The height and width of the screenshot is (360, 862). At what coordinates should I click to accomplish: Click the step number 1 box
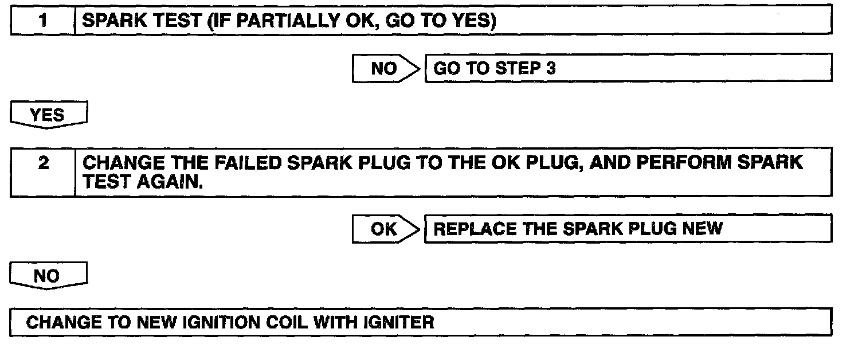pyautogui.click(x=43, y=21)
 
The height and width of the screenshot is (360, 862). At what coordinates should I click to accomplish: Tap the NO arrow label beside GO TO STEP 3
pyautogui.click(x=384, y=69)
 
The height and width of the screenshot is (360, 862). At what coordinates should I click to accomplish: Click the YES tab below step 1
pyautogui.click(x=48, y=115)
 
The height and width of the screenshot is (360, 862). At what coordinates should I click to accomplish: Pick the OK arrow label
pyautogui.click(x=384, y=229)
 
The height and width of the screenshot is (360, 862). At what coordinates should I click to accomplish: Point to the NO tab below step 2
pyautogui.click(x=47, y=276)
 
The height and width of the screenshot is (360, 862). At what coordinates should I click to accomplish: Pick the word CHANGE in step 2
pyautogui.click(x=117, y=163)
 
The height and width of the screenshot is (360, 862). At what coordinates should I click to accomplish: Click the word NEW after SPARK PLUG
pyautogui.click(x=703, y=229)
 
